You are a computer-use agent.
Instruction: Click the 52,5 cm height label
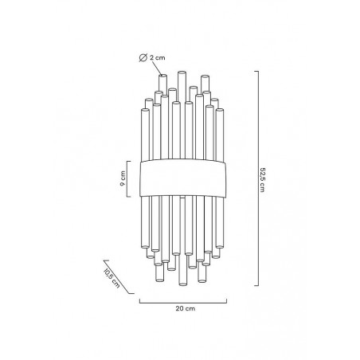click(262, 180)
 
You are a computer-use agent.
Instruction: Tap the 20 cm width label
click(186, 308)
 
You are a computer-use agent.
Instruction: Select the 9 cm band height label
click(123, 178)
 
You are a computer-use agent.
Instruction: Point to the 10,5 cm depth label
click(112, 279)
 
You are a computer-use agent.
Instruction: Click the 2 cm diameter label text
click(158, 57)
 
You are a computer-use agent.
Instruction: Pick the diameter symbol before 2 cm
click(143, 57)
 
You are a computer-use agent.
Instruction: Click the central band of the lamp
click(183, 178)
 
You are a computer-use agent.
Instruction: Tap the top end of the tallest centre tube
click(182, 72)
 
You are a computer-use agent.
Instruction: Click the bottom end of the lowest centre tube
click(182, 284)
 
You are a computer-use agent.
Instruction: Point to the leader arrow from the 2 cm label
click(155, 68)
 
